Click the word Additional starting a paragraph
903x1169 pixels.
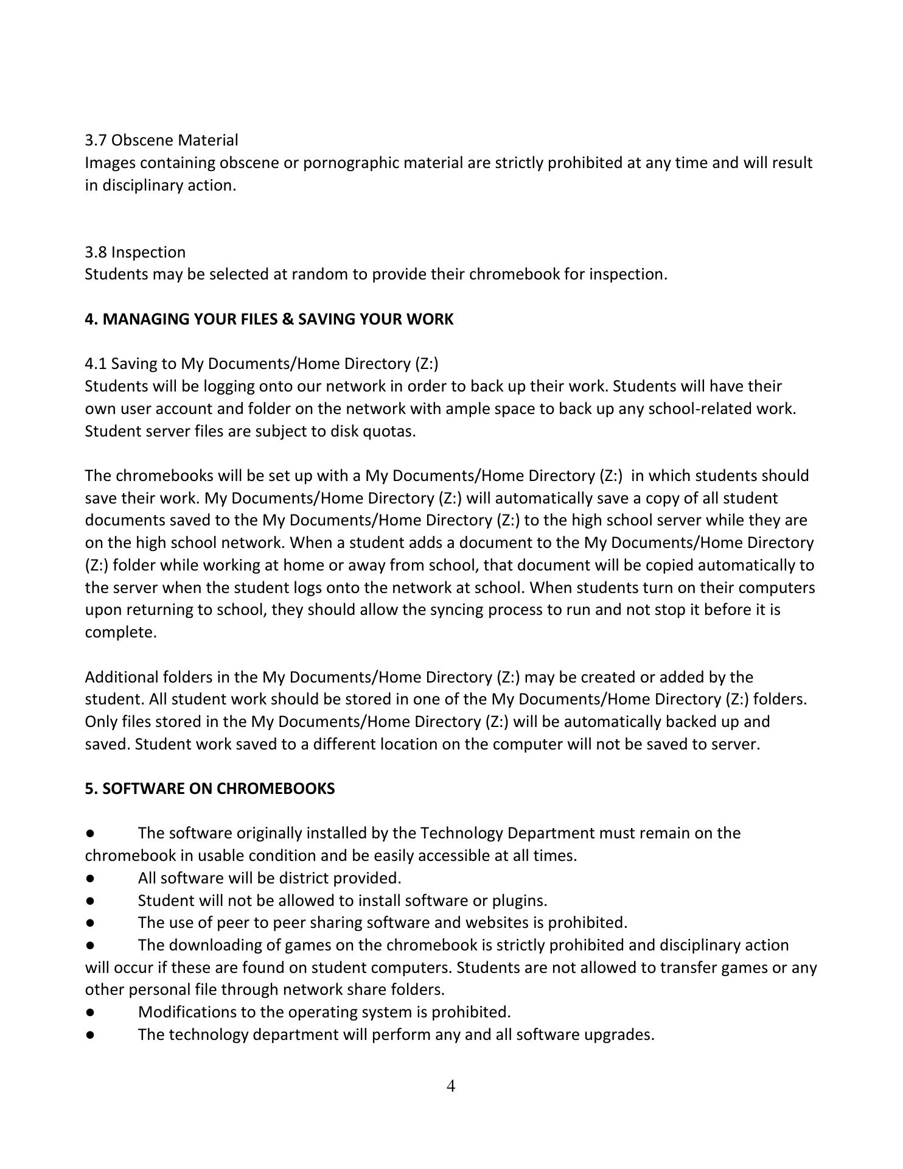click(122, 677)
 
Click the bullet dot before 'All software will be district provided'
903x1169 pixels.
click(90, 878)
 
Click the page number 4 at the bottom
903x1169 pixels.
click(451, 1086)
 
